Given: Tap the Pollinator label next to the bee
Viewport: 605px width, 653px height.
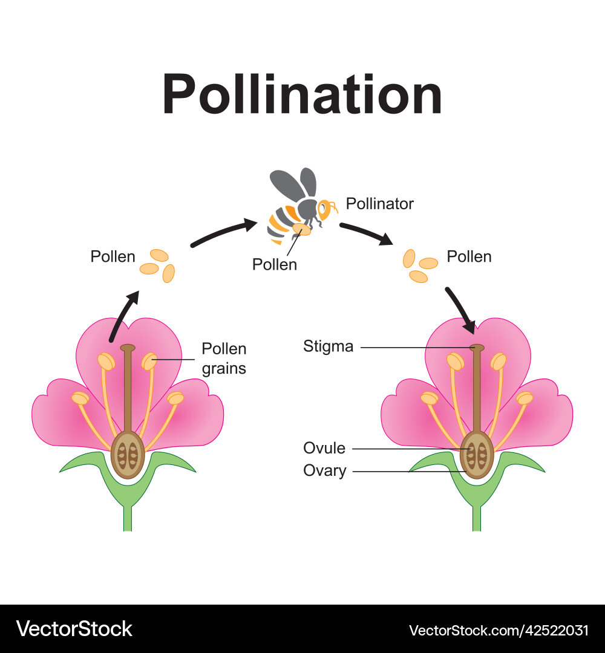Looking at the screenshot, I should click(x=379, y=204).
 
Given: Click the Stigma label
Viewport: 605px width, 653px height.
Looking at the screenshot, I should click(x=328, y=347).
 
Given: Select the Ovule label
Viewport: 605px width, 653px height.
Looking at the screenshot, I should click(x=324, y=449).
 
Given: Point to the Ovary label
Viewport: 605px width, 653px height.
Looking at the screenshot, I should click(x=325, y=470).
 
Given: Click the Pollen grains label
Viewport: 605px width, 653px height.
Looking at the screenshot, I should click(x=224, y=358).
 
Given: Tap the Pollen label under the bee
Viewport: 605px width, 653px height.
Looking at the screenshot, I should click(x=275, y=264).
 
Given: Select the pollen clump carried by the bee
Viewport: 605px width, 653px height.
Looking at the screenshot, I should click(x=301, y=229).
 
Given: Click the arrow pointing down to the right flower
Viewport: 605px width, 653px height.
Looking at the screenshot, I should click(x=461, y=310).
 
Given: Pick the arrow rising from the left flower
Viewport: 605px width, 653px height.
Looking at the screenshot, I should click(x=123, y=316).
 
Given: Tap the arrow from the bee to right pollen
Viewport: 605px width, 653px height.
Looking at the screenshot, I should click(x=365, y=234).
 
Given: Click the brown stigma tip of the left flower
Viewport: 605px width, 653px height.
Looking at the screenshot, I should click(x=128, y=348).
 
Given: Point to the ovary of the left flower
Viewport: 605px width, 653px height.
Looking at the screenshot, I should click(x=127, y=454).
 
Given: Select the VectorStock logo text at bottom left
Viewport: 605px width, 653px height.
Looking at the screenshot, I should click(x=74, y=629).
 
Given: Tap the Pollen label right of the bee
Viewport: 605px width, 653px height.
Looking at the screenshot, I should click(x=469, y=256).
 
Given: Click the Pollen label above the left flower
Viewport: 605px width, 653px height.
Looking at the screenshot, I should click(x=113, y=256).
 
